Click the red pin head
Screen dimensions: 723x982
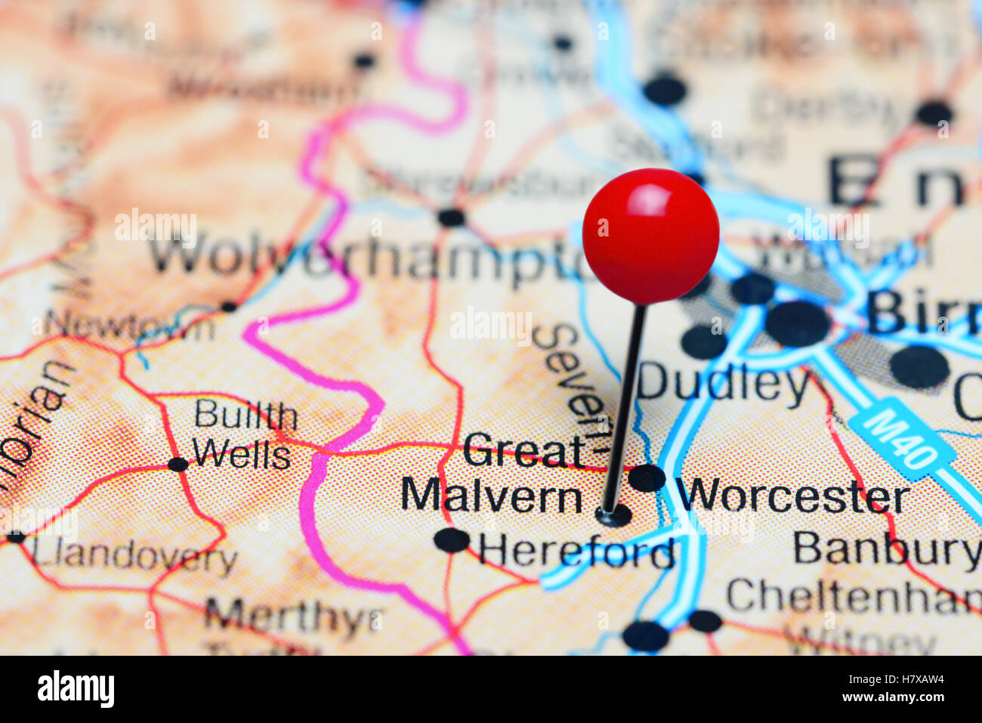tap(650, 236)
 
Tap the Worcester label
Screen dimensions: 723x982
tap(793, 496)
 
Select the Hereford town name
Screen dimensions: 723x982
tap(576, 552)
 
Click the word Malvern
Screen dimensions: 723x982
tap(491, 496)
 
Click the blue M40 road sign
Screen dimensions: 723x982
tap(902, 439)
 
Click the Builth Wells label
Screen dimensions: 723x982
tap(243, 435)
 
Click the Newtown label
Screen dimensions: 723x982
tap(129, 325)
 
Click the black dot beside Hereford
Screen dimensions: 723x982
tap(452, 539)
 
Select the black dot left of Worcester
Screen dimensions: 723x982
tap(647, 477)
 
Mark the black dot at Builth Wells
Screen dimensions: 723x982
tap(178, 464)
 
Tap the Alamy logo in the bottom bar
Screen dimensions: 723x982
tap(76, 688)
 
